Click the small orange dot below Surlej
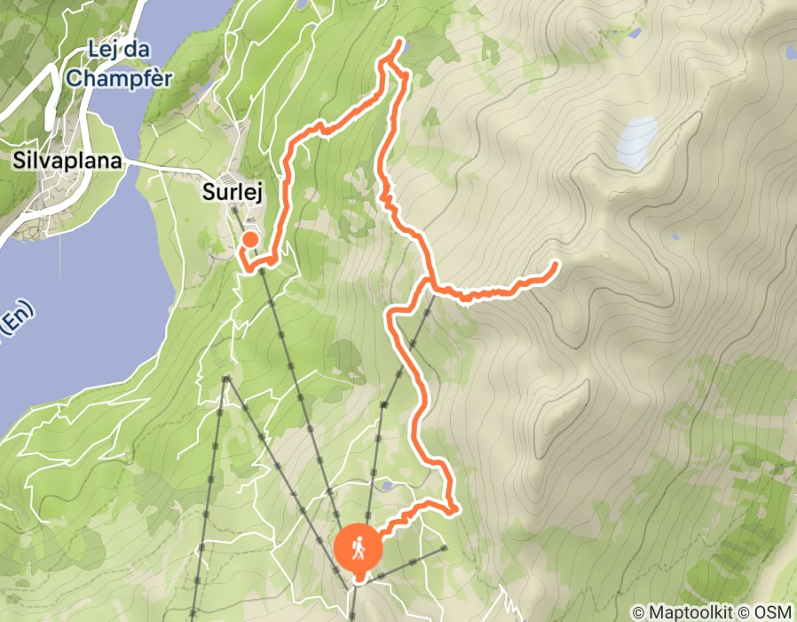click(x=250, y=238)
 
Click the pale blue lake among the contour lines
click(x=638, y=142)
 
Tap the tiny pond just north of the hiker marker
click(x=386, y=486)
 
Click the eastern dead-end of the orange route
click(x=556, y=263)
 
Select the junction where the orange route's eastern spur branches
click(x=428, y=283)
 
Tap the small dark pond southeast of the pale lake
click(x=675, y=237)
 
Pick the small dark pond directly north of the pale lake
click(x=634, y=34)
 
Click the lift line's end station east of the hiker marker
click(x=444, y=548)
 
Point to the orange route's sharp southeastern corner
click(x=454, y=509)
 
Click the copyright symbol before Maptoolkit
click(x=638, y=612)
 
